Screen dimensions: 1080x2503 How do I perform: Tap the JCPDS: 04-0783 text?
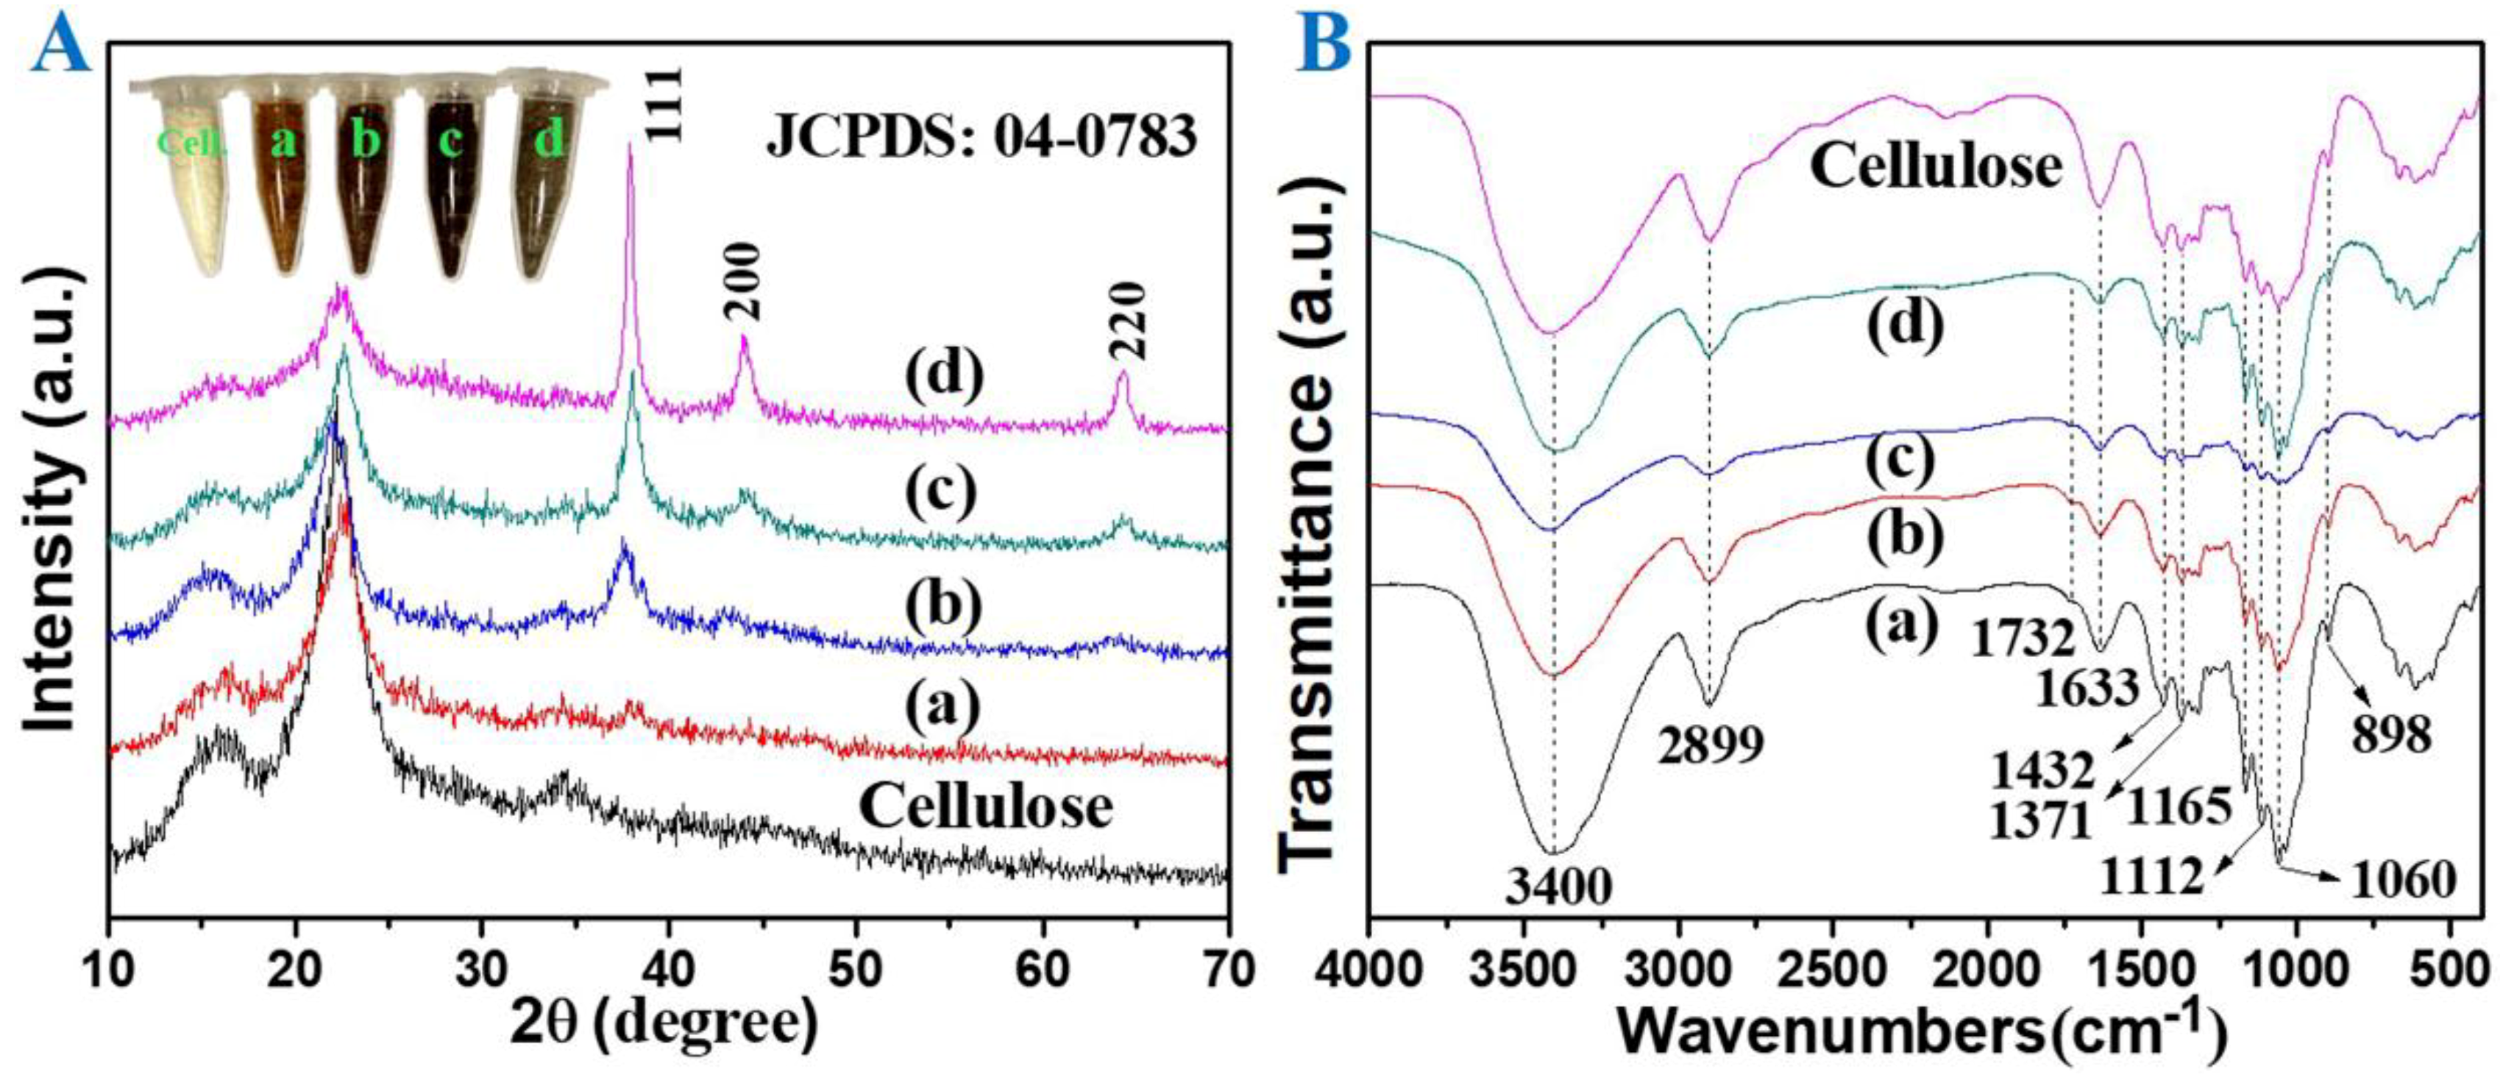tap(982, 137)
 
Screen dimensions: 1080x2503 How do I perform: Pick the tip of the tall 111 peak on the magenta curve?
tap(631, 146)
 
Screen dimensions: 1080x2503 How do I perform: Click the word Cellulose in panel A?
tap(986, 807)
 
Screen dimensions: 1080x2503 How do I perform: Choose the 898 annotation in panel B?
tap(2391, 735)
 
